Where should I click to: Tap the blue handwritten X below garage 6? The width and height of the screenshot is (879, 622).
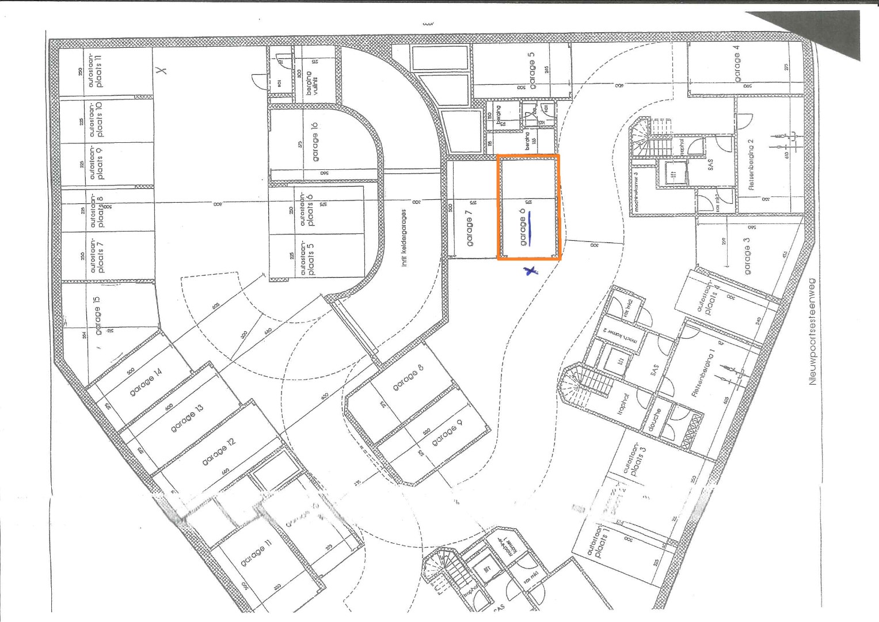tap(531, 270)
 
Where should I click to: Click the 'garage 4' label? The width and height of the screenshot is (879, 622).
tap(737, 67)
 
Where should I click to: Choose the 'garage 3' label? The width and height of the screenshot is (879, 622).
tap(747, 260)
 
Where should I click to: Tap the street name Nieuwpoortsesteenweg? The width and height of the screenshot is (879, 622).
tap(813, 332)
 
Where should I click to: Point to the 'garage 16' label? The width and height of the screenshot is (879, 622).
tap(314, 142)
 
